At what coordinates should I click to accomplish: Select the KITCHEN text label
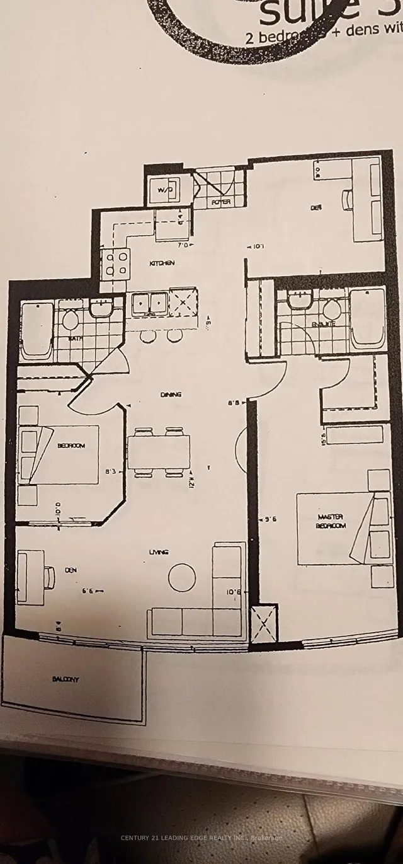point(161,263)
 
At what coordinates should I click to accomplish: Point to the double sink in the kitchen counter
point(149,303)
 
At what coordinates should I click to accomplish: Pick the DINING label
point(171,395)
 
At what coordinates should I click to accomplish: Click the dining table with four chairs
point(159,452)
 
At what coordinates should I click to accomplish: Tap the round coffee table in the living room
point(182,576)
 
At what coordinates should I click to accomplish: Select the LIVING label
point(158,552)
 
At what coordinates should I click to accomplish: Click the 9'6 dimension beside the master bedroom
point(272,520)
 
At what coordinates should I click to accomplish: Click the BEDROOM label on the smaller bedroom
point(71,445)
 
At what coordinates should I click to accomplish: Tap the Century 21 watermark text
point(201,837)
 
